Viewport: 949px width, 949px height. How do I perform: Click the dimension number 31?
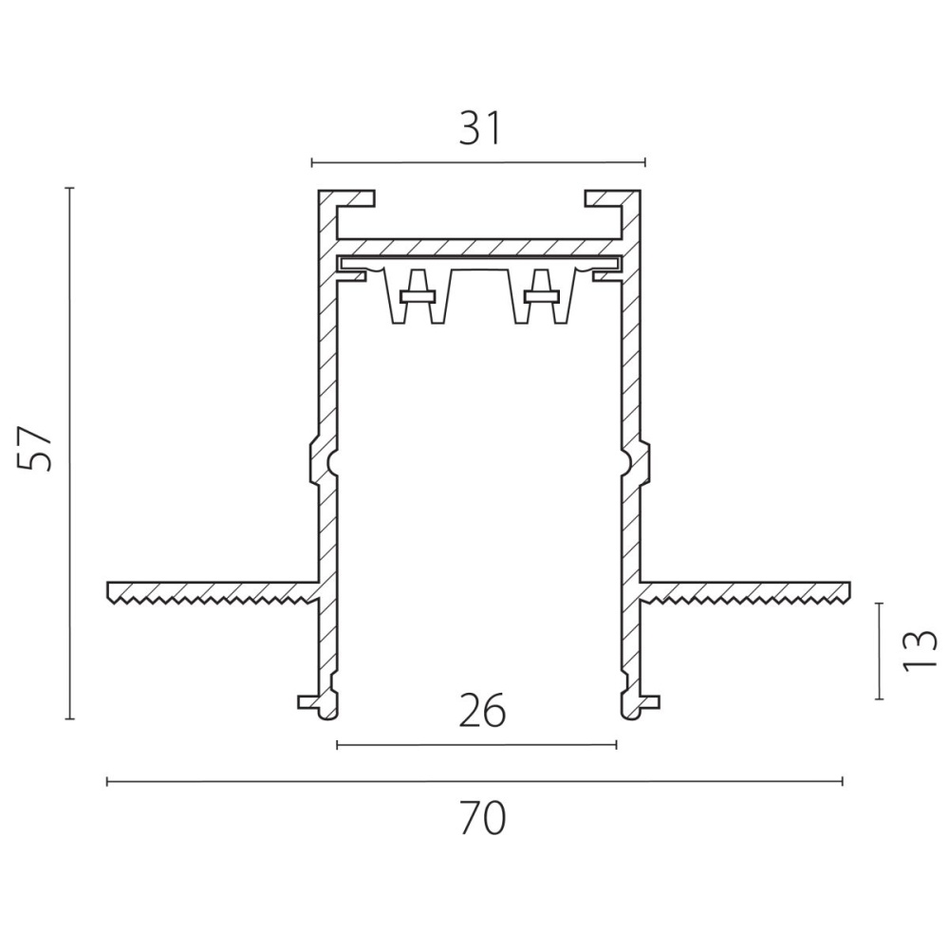click(480, 129)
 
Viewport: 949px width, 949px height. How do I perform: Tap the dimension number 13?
click(920, 651)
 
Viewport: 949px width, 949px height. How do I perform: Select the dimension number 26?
click(482, 710)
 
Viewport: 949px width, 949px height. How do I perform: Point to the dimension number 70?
click(482, 818)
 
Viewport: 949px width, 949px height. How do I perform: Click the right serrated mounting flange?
click(745, 591)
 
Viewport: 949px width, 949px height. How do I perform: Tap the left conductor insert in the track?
click(418, 295)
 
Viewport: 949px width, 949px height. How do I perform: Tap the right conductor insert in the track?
click(542, 295)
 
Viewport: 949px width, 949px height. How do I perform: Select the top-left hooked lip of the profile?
click(346, 198)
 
